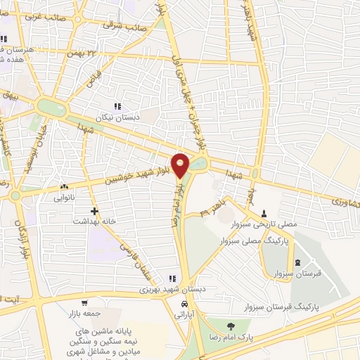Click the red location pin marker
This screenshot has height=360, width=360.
(x=181, y=165)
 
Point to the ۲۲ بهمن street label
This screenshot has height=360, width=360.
(x=82, y=53)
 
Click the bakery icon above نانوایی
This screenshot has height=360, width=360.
(x=65, y=186)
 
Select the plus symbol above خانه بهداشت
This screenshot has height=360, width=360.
(x=94, y=210)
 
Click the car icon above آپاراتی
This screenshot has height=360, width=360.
(x=184, y=304)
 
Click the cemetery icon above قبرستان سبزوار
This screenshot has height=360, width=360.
(x=298, y=262)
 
